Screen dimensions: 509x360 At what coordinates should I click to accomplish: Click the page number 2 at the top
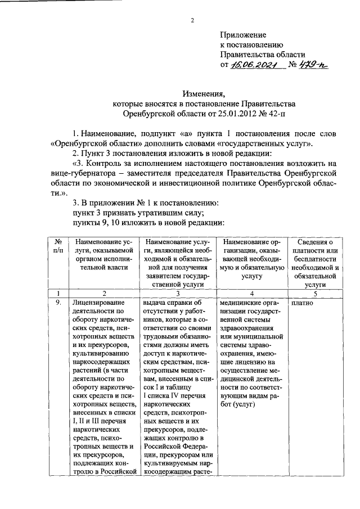(x=192, y=22)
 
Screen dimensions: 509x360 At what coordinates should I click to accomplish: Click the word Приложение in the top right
(x=243, y=35)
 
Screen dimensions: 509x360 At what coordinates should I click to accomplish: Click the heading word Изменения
(x=203, y=94)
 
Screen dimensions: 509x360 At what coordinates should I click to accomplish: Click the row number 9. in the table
(x=57, y=303)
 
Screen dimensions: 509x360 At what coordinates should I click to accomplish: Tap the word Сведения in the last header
(x=315, y=242)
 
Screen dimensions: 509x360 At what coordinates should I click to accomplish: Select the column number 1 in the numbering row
(x=57, y=293)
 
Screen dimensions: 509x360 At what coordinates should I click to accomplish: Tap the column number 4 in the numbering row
(x=252, y=293)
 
